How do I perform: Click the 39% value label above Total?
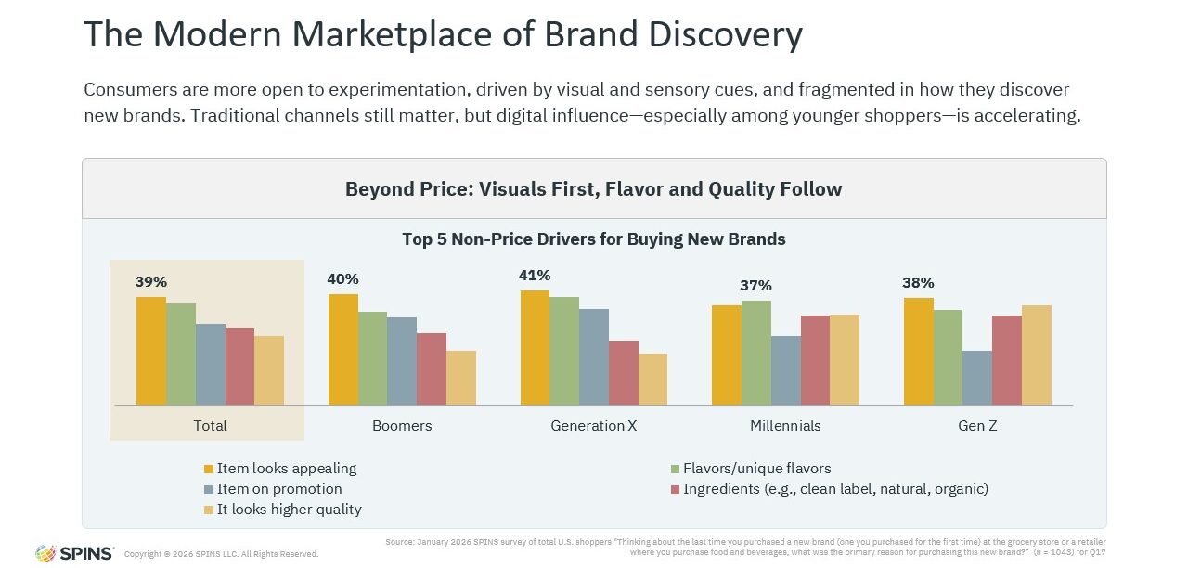click(151, 281)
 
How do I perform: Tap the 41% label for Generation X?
click(536, 275)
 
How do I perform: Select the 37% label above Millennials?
click(755, 286)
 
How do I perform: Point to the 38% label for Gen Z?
click(918, 283)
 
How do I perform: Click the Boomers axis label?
click(402, 426)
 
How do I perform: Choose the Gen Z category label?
click(977, 426)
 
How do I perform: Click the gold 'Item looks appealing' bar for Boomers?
click(343, 350)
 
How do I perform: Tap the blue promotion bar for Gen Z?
click(977, 378)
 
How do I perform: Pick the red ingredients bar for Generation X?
click(623, 372)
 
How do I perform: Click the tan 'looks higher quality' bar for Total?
click(269, 370)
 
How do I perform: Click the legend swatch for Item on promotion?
click(210, 489)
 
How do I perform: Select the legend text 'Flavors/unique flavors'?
click(756, 469)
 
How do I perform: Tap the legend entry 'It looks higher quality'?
click(289, 510)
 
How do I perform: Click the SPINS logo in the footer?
click(74, 553)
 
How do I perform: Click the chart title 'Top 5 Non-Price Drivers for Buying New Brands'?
click(594, 239)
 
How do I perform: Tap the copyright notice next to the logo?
click(221, 554)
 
